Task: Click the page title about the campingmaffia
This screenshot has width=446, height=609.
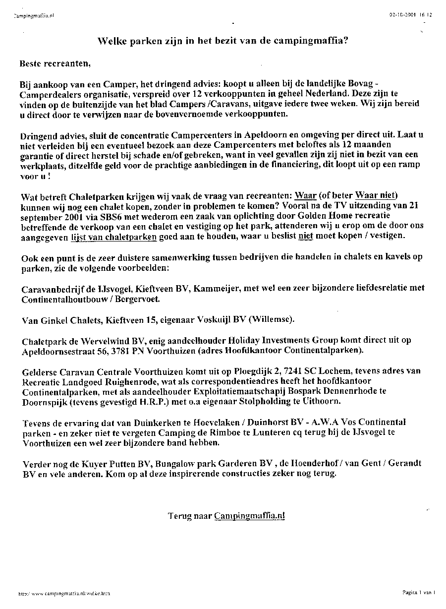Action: [223, 41]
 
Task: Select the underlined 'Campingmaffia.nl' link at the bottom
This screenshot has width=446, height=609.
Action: [250, 515]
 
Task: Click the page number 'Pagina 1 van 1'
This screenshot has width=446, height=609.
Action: [419, 592]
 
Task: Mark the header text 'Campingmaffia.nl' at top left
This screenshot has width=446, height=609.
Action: [34, 15]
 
